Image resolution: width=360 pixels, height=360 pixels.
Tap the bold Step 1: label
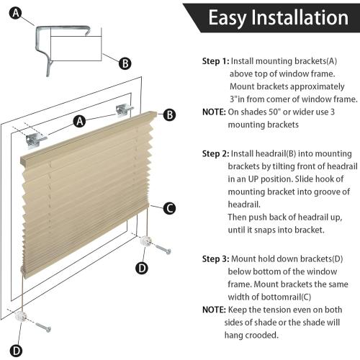coord(214,61)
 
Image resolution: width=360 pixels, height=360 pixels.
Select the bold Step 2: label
coord(215,153)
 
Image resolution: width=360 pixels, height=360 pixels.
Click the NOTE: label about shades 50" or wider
coord(215,112)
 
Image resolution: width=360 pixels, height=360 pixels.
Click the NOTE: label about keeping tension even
coord(215,309)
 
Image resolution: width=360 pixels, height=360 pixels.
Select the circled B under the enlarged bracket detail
coord(125,63)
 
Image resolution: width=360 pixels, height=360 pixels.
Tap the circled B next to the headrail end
coord(169,114)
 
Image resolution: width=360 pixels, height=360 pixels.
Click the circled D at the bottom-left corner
coord(15,351)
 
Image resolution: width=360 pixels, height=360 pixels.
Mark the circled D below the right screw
coord(143,269)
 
